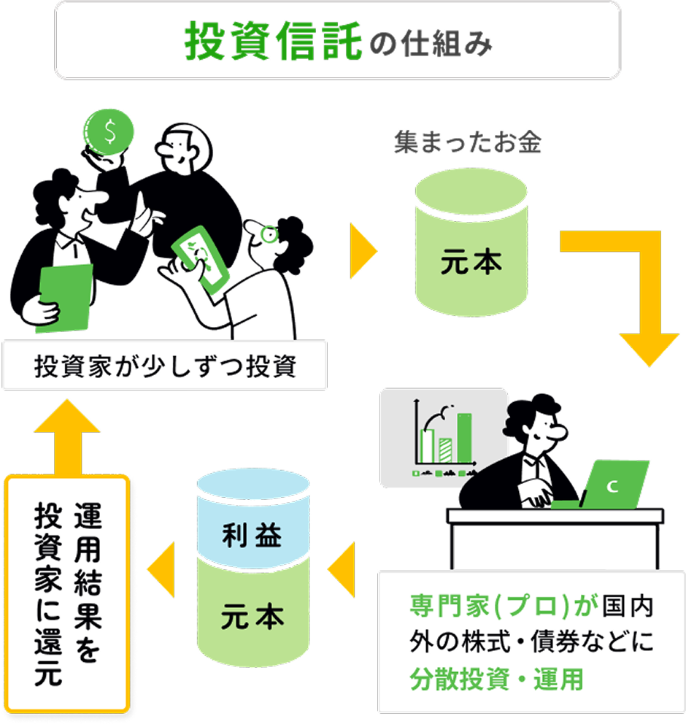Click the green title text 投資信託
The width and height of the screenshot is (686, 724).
[x=274, y=42]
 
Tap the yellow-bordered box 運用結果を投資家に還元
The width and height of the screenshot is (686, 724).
[x=67, y=594]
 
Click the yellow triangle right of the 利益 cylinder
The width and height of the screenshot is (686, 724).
[x=342, y=565]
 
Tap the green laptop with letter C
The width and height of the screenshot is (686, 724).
[x=617, y=485]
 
